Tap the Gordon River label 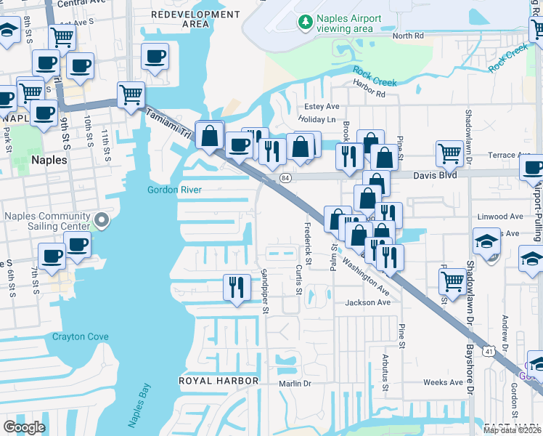tap(174, 190)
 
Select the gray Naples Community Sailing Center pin tap(102, 219)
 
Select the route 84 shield tap(285, 177)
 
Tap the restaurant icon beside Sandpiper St tap(236, 286)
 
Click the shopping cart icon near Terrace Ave tap(449, 153)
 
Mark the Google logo tap(24, 427)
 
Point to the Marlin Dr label tap(295, 383)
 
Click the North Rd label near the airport tap(407, 36)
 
